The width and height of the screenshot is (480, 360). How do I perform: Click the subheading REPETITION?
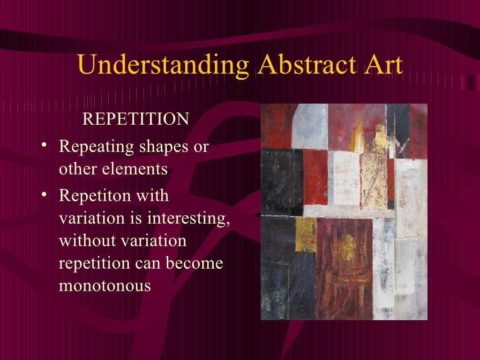coord(135,119)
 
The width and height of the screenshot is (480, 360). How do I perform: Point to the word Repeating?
coord(97,147)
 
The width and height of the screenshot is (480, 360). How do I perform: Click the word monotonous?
coord(105,285)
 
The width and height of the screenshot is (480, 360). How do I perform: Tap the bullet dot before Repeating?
coord(44,146)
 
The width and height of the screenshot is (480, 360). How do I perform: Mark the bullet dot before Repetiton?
coord(44,194)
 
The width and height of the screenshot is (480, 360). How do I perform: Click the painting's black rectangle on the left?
coord(282,180)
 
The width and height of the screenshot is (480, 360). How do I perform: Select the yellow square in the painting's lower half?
coord(306,235)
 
